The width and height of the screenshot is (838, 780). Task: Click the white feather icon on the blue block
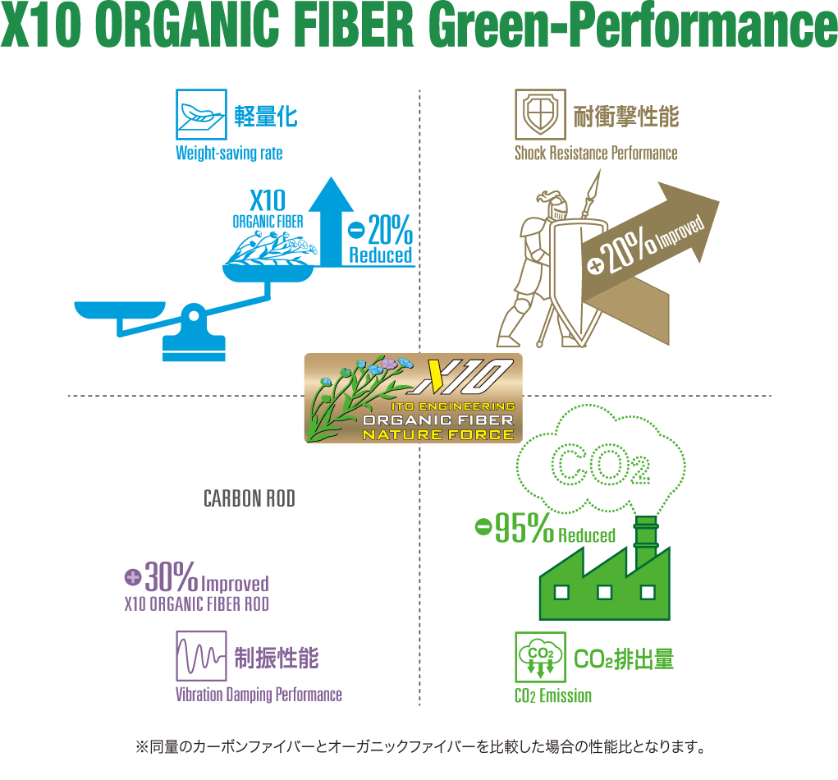196,112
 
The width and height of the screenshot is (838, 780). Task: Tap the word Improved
681,234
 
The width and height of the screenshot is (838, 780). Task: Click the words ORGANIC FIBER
438,420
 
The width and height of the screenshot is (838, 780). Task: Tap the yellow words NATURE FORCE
438,434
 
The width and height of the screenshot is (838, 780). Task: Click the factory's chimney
646,538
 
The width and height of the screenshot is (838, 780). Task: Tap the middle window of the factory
604,592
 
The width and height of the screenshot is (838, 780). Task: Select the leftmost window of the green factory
561,592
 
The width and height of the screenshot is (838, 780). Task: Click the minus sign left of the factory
484,526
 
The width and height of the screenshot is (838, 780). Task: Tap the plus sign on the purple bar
133,577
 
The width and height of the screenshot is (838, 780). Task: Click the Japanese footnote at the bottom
419,747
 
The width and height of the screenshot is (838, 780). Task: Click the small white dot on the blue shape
194,315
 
